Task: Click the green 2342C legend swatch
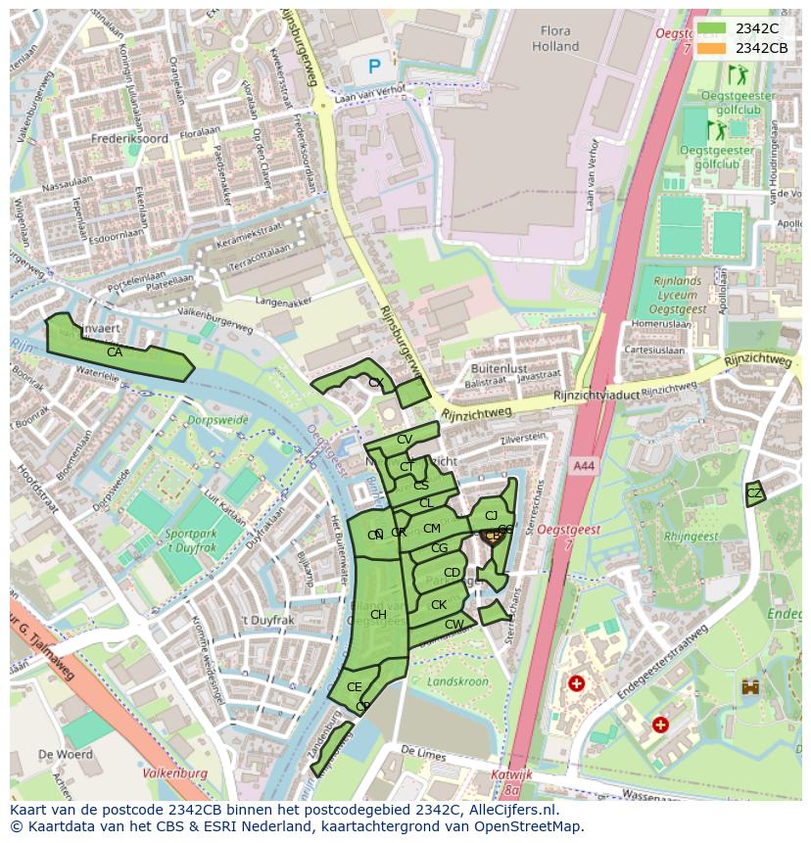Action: pyautogui.click(x=712, y=29)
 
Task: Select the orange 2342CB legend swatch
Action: pyautogui.click(x=712, y=48)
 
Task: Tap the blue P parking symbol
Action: pyautogui.click(x=374, y=67)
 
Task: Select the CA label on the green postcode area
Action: pyautogui.click(x=115, y=352)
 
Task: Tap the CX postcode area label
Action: pyautogui.click(x=375, y=383)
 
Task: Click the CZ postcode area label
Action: pyautogui.click(x=753, y=493)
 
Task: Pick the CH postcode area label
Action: pyautogui.click(x=378, y=615)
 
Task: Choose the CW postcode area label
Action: pyautogui.click(x=453, y=625)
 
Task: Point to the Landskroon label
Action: pyautogui.click(x=457, y=680)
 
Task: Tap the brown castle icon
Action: pyautogui.click(x=750, y=686)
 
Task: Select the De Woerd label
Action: pyautogui.click(x=66, y=755)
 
